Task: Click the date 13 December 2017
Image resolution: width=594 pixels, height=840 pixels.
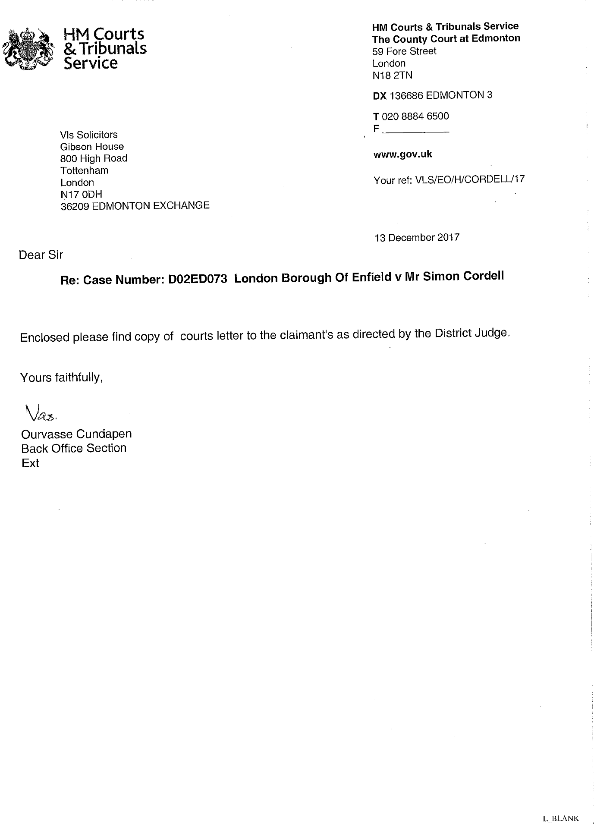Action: point(417,238)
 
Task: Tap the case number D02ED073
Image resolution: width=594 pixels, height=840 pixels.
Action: point(198,280)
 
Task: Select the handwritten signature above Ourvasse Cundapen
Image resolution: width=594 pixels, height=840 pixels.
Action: point(41,413)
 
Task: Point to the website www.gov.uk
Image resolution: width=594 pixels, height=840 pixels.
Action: point(402,154)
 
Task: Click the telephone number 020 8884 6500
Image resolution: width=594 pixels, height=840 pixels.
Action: point(415,116)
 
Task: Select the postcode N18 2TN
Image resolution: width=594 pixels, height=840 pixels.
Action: point(393,76)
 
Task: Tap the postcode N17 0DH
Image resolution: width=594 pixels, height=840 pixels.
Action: point(82,195)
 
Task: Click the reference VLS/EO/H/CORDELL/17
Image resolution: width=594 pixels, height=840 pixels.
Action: point(470,179)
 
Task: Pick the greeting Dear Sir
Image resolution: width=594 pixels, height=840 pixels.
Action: point(41,255)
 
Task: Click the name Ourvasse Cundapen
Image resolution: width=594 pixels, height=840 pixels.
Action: point(76,434)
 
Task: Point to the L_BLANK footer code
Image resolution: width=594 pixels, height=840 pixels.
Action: point(561,818)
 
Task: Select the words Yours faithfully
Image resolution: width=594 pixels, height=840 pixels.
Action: point(61,378)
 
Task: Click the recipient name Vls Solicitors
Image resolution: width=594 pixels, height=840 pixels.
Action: point(89,135)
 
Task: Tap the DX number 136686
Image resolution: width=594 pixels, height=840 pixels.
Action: point(406,95)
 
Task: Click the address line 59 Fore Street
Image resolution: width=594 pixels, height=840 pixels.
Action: point(404,51)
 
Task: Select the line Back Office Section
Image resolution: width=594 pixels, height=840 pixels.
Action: point(74,448)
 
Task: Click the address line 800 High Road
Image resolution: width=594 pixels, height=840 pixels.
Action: point(94,158)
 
